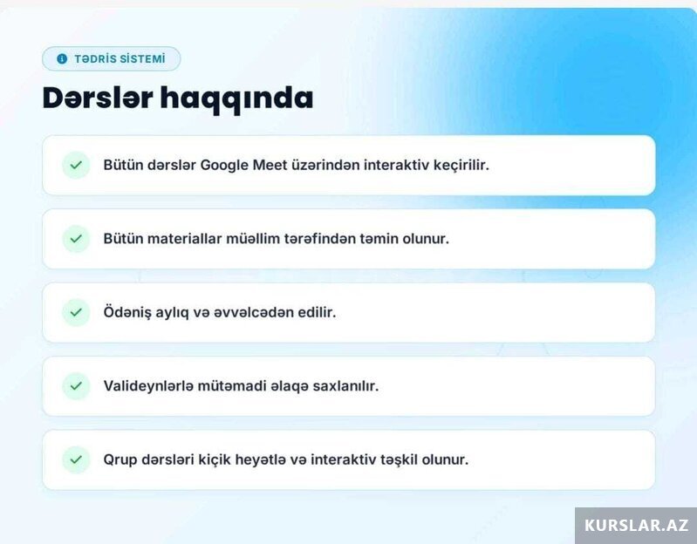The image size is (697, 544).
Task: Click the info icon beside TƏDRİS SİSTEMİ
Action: point(62,58)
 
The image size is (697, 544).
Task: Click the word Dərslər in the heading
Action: point(98,98)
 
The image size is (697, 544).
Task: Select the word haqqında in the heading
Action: point(236,99)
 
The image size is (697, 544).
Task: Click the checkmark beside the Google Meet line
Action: point(76,165)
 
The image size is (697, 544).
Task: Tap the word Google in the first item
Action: point(224,166)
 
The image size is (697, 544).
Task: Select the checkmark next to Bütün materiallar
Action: point(76,239)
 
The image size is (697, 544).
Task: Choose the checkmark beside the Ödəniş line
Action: point(76,313)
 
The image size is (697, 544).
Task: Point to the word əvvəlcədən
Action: point(253,313)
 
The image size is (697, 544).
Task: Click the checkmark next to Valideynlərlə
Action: point(76,386)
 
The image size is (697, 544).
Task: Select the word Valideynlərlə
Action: point(148,386)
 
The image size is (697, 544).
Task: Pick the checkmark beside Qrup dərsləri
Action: point(76,459)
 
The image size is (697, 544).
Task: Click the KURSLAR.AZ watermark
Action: point(636,526)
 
